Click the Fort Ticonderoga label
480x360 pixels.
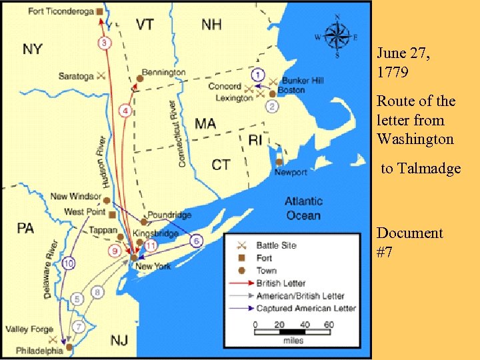point(61,11)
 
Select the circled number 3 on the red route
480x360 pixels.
point(105,43)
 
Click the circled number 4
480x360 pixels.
point(124,110)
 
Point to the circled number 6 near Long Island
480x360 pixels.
point(197,241)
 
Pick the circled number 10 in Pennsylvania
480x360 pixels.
point(68,264)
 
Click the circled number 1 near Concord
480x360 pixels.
point(258,75)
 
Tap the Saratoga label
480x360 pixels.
point(75,76)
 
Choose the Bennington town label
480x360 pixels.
point(163,72)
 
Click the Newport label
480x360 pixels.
point(291,172)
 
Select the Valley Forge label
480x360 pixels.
point(29,329)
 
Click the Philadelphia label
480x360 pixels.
point(39,350)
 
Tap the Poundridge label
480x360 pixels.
point(169,215)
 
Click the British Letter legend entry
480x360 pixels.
point(281,283)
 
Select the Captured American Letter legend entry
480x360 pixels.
point(306,308)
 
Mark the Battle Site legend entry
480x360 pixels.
point(276,245)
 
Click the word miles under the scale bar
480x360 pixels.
point(293,341)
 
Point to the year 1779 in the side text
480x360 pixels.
point(393,69)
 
